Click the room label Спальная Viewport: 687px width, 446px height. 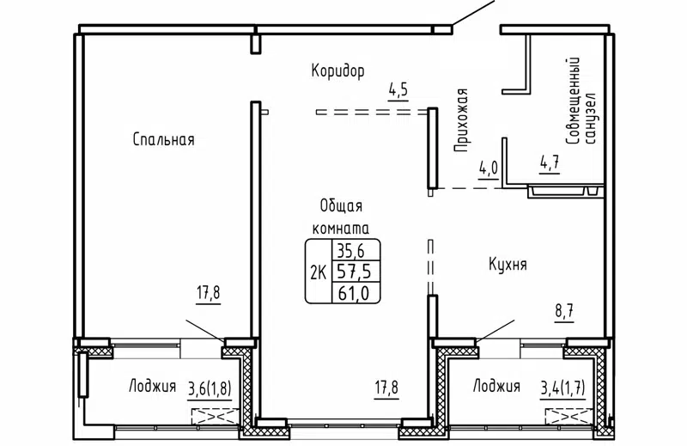[163, 139]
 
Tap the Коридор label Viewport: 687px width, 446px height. [338, 70]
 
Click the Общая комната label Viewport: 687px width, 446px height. [340, 217]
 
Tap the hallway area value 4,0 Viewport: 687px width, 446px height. [489, 168]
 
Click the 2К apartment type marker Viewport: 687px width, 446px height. [318, 273]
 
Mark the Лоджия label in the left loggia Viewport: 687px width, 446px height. [153, 386]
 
